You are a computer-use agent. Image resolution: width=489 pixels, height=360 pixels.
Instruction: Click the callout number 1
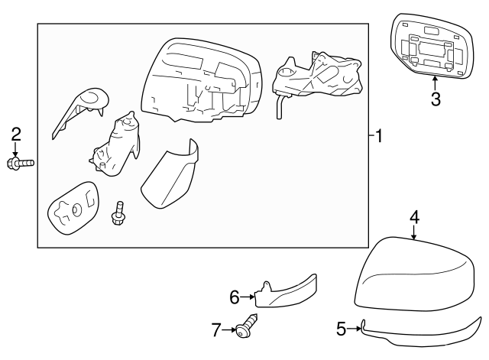point(379,136)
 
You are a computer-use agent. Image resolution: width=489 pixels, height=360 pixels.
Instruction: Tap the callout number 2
point(16,134)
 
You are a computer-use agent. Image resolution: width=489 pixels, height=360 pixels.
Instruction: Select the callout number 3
point(436,99)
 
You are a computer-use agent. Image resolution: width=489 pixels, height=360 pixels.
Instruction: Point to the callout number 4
point(414,217)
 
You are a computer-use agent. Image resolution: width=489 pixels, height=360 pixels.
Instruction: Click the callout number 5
point(342,329)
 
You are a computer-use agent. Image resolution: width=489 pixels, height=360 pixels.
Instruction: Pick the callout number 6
point(235,297)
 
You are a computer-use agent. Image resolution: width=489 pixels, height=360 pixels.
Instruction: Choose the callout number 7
point(216,329)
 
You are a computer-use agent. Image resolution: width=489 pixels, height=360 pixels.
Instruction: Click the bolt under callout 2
point(21,163)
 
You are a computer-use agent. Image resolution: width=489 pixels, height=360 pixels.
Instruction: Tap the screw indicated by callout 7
point(247,326)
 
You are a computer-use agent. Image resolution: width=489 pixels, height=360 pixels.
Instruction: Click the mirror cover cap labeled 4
point(415,274)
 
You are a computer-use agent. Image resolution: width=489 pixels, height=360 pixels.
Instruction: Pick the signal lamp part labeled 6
point(285,292)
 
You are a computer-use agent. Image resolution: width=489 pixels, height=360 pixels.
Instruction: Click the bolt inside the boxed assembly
point(118,213)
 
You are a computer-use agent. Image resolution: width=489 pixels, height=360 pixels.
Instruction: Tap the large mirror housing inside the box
point(201,81)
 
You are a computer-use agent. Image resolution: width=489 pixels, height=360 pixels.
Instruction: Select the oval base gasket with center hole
point(73,209)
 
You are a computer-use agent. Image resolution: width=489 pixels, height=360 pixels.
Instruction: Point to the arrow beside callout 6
point(248,297)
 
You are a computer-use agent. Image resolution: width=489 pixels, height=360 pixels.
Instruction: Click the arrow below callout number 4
point(414,232)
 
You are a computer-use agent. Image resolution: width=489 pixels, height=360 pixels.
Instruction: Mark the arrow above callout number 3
point(435,83)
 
